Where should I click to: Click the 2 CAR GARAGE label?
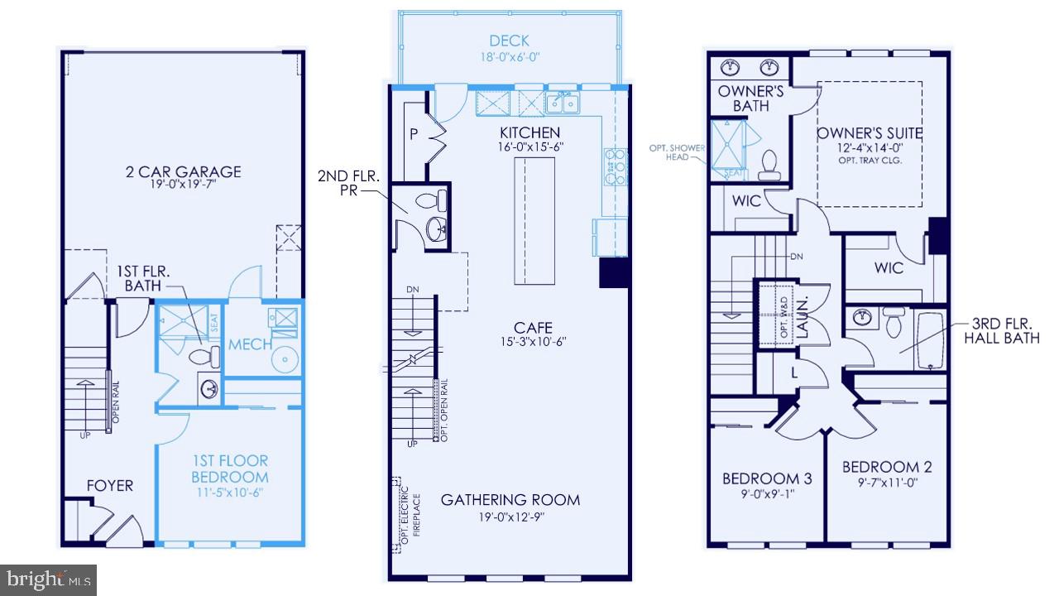[x=184, y=172]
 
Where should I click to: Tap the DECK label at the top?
[x=509, y=41]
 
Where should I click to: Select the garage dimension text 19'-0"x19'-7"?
[x=184, y=186]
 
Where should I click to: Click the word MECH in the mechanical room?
[x=251, y=344]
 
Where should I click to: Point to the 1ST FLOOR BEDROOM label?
[x=229, y=469]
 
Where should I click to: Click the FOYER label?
[x=109, y=486]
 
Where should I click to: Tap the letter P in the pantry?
[x=411, y=134]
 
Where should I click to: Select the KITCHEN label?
[x=529, y=132]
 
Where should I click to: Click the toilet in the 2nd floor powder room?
[x=428, y=200]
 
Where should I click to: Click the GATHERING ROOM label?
[x=510, y=499]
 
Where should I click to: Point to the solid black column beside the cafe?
[x=614, y=272]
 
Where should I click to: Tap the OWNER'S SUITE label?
[x=869, y=133]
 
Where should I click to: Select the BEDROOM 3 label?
[x=767, y=478]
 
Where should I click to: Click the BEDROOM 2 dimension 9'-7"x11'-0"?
[x=881, y=482]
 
